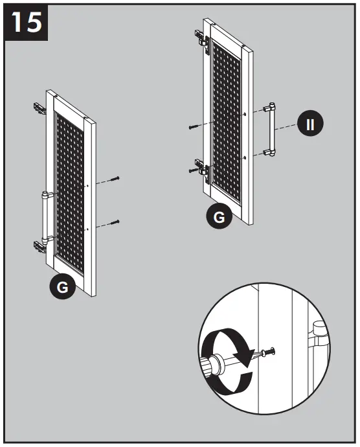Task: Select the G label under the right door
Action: [219, 217]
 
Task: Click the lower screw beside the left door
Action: [115, 222]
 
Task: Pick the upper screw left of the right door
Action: [192, 127]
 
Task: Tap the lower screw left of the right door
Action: [192, 170]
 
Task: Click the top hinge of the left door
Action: [39, 108]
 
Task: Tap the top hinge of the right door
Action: [202, 38]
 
